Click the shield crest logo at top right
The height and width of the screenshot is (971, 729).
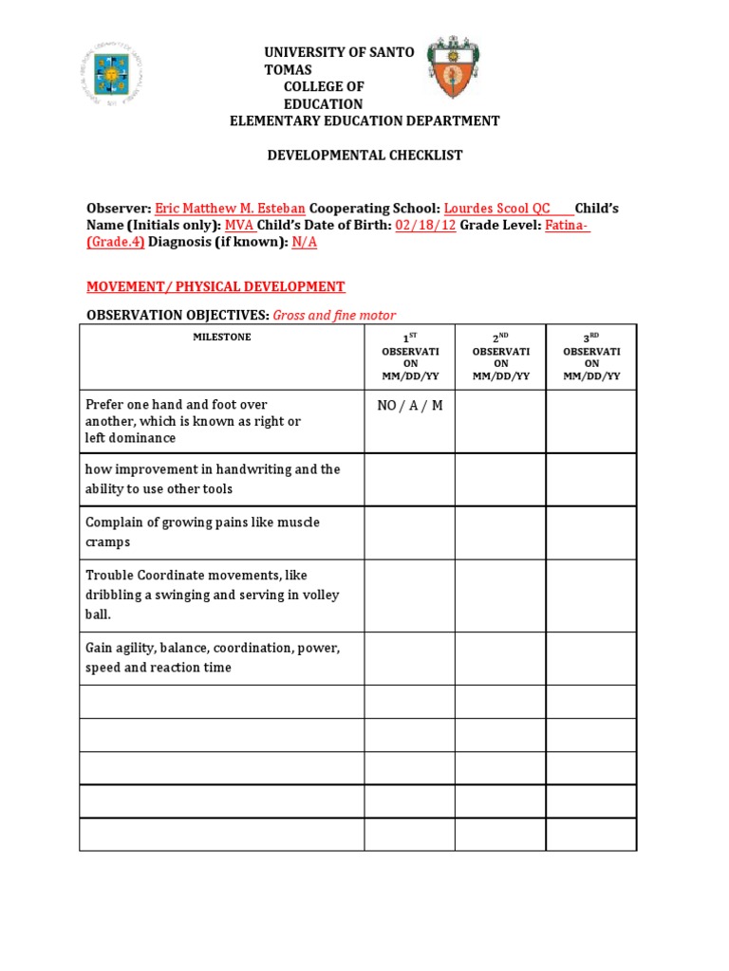[453, 68]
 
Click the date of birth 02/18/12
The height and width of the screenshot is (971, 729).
[425, 225]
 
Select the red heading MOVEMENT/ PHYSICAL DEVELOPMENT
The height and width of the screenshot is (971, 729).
[215, 286]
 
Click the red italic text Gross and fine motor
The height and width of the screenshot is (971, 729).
[334, 315]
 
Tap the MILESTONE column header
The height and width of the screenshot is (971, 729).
[222, 338]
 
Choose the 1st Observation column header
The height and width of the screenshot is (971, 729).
[409, 357]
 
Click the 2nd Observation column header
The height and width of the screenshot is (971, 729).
[500, 357]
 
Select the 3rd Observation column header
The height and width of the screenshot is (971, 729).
[591, 357]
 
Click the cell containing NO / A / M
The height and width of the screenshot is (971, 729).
[409, 406]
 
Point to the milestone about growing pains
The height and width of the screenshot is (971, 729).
[202, 532]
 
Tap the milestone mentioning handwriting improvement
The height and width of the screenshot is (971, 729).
[212, 479]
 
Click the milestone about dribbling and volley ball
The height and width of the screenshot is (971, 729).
[212, 595]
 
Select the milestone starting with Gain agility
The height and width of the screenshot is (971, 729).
[212, 657]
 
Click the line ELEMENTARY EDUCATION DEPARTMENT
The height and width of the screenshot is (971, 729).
[365, 120]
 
